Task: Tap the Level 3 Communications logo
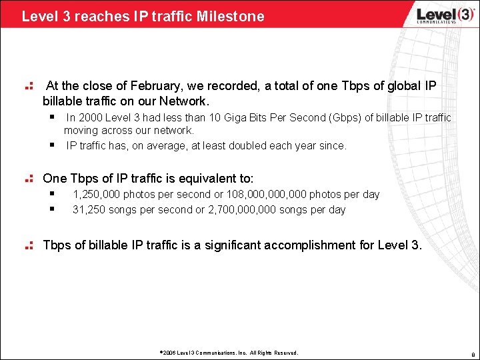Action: tap(437, 15)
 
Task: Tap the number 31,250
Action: tap(89, 209)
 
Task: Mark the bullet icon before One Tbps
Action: tap(29, 179)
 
